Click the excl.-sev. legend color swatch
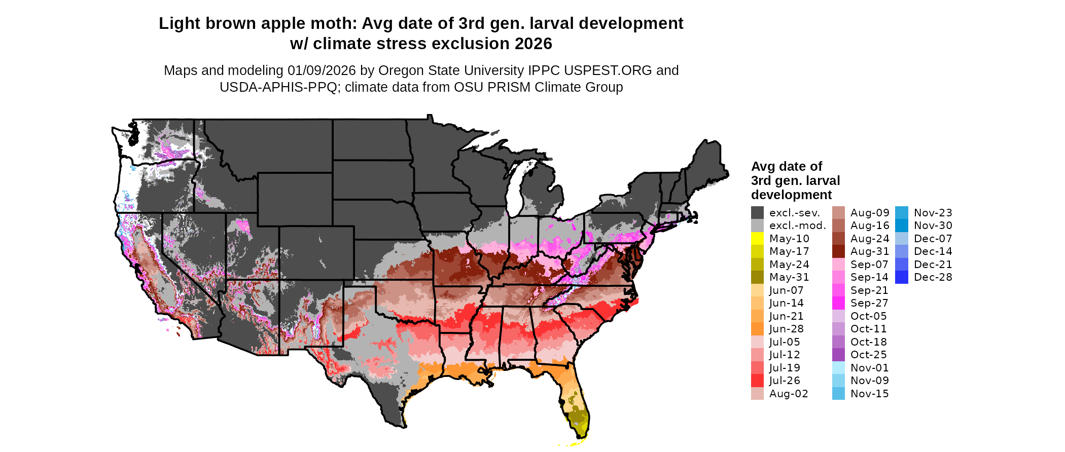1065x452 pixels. (x=757, y=213)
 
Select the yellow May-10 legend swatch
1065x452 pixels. (x=757, y=239)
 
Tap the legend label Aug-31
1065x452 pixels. (x=869, y=251)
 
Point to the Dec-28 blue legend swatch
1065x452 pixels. (x=902, y=277)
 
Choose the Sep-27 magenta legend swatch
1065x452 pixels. (x=838, y=303)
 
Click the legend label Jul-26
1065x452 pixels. (x=785, y=381)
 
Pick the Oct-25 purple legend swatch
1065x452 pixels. (x=838, y=355)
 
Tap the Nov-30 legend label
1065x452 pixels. (x=933, y=225)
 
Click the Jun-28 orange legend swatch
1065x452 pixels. (x=757, y=329)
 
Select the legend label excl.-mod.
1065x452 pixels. (x=797, y=225)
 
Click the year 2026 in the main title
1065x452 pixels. (x=533, y=44)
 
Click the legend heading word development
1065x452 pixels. (x=791, y=195)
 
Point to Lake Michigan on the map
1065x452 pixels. (x=516, y=187)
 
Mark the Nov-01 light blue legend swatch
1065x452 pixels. (x=838, y=368)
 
